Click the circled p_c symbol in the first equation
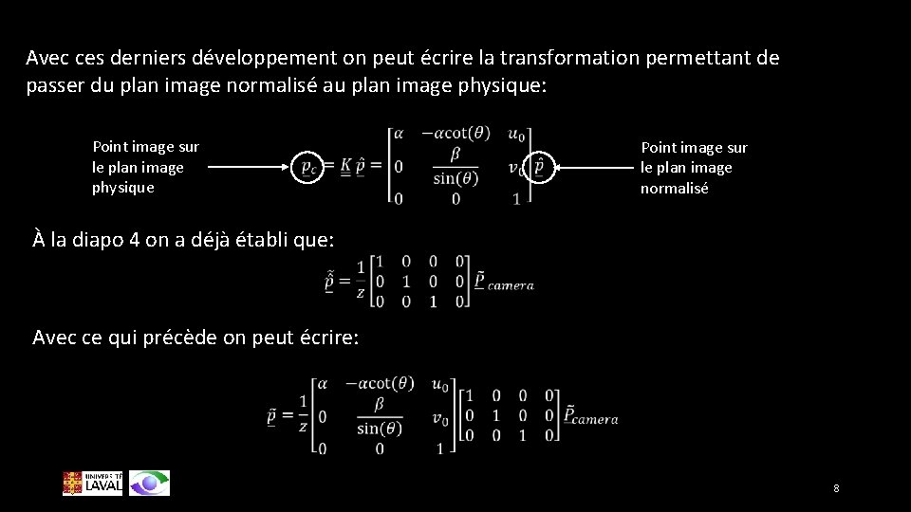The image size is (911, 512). pyautogui.click(x=308, y=167)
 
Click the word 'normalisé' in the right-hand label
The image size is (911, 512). pyautogui.click(x=674, y=188)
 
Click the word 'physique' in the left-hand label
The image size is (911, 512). pyautogui.click(x=122, y=187)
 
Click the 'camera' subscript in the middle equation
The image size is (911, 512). pyautogui.click(x=511, y=284)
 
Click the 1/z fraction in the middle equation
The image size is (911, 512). pyautogui.click(x=360, y=281)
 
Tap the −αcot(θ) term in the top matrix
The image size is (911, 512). pyautogui.click(x=455, y=134)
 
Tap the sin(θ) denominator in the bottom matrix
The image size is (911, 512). pyautogui.click(x=380, y=428)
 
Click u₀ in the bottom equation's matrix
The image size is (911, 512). pyautogui.click(x=439, y=384)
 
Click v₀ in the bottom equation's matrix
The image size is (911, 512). pyautogui.click(x=439, y=417)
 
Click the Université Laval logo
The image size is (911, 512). pyautogui.click(x=92, y=483)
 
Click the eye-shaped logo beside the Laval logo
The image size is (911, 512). pyautogui.click(x=150, y=483)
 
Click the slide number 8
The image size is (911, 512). pyautogui.click(x=836, y=488)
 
